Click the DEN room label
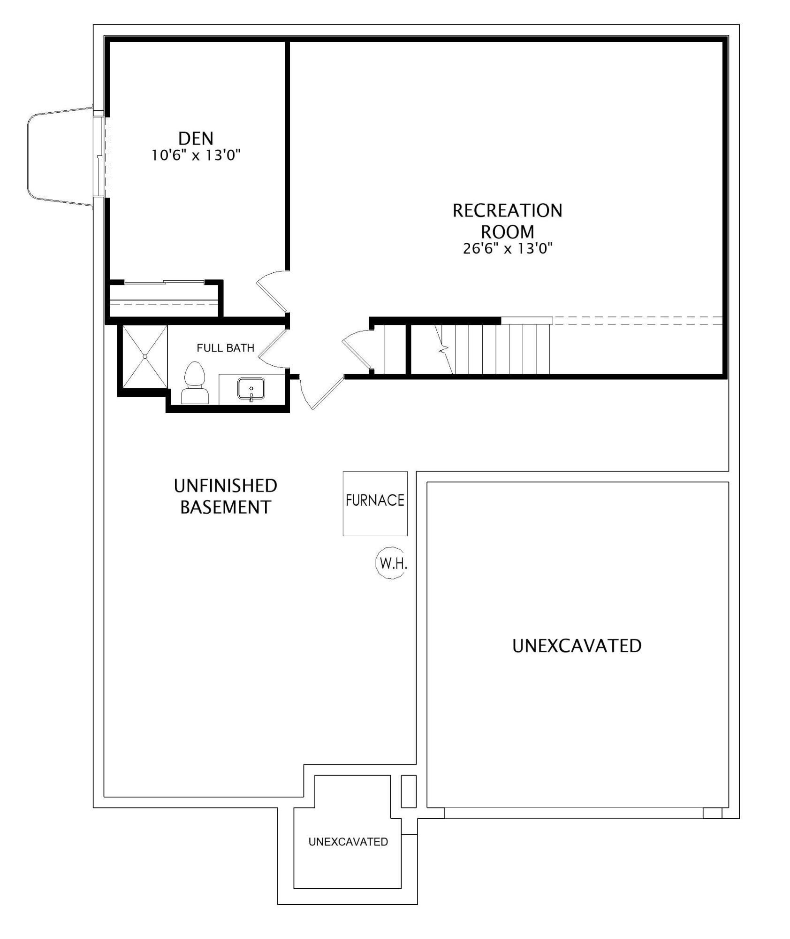point(196,139)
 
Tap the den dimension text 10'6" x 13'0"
point(196,155)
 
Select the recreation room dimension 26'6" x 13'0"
point(508,248)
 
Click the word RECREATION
point(507,211)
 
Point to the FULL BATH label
point(225,348)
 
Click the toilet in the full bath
point(195,383)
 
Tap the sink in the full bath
point(251,389)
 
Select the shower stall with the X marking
point(144,357)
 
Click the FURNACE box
point(375,503)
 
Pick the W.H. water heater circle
point(391,563)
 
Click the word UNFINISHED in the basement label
point(225,486)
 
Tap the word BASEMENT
point(225,508)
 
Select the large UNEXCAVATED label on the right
point(577,646)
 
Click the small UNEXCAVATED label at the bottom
point(348,842)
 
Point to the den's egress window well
point(61,156)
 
